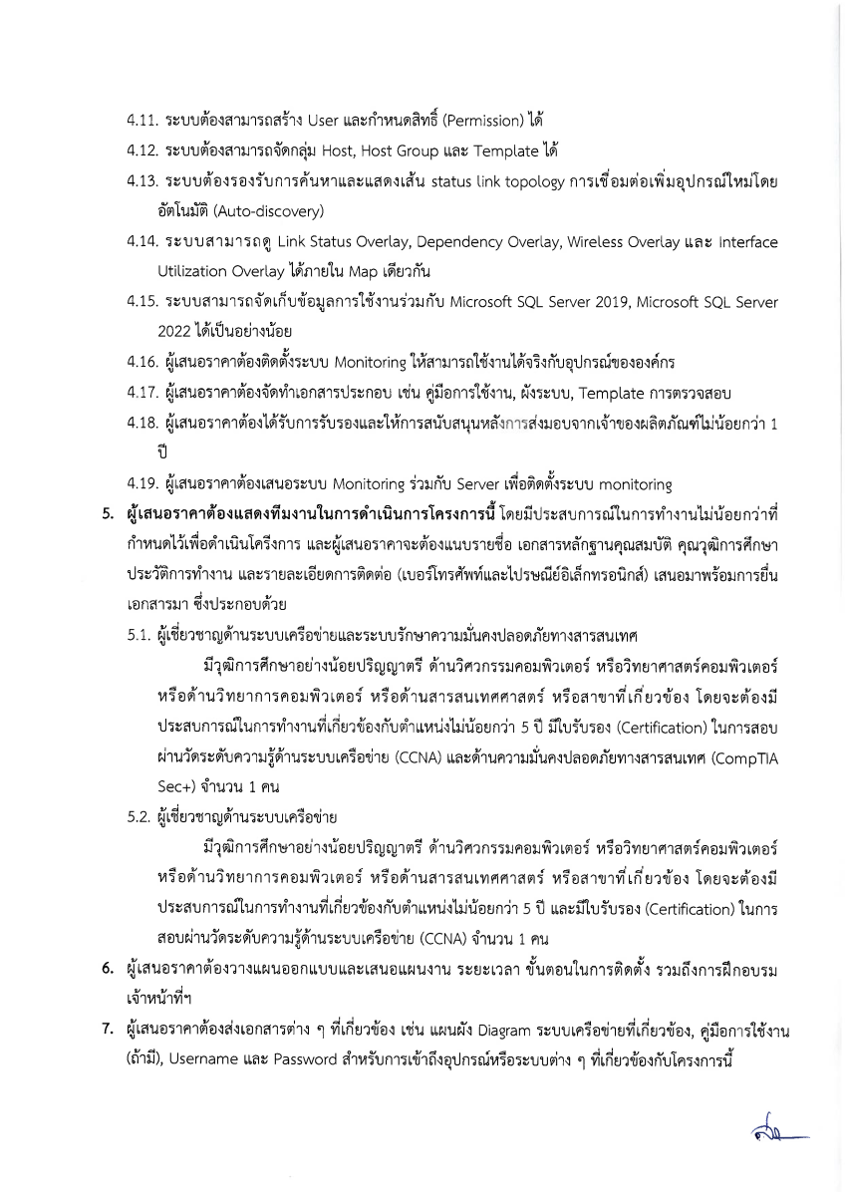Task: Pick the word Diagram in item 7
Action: tap(454, 1030)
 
